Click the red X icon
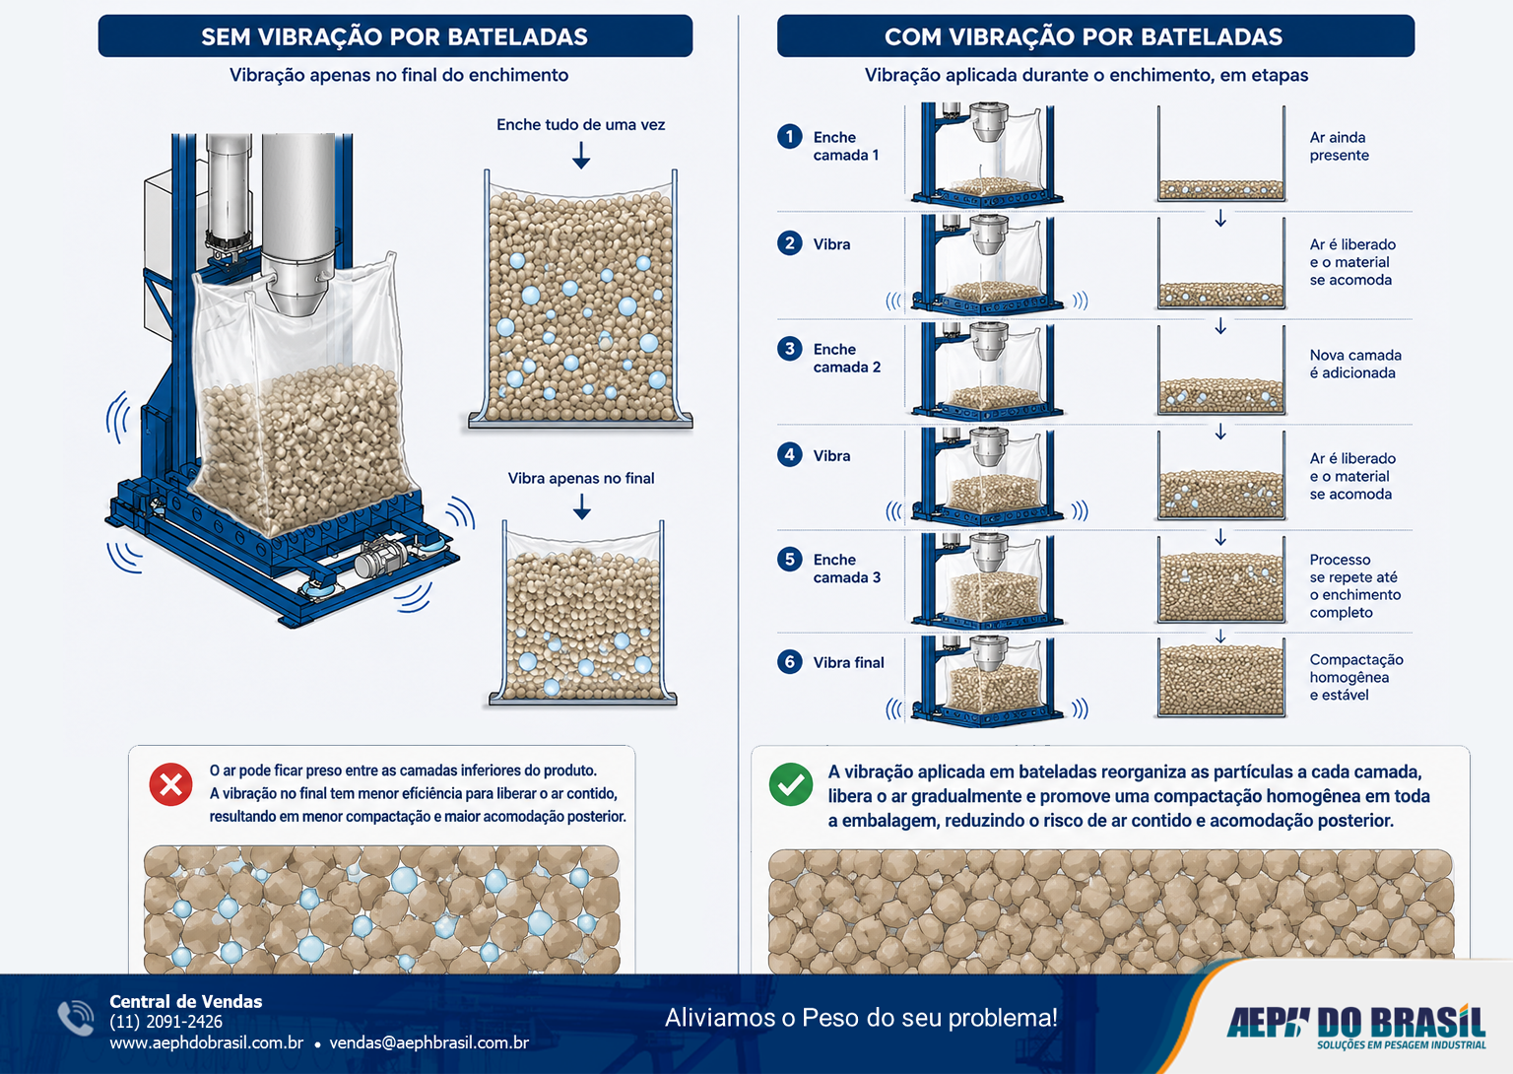tap(170, 784)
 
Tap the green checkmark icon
tap(791, 784)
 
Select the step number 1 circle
tap(790, 136)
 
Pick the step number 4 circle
tap(790, 454)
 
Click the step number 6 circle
tap(790, 661)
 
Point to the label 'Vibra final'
tap(848, 663)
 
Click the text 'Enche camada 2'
tap(847, 358)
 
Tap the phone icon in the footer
tap(76, 1018)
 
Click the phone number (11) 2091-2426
tap(166, 1022)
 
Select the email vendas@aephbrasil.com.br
tap(428, 1042)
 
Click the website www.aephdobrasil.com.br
tap(207, 1042)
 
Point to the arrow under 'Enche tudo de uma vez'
tap(581, 155)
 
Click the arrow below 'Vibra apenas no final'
tap(581, 505)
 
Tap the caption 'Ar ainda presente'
tap(1340, 146)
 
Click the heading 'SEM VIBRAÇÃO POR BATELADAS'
tap(394, 36)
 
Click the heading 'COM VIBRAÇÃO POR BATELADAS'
tap(1084, 36)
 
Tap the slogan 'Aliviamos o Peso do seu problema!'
tap(861, 1017)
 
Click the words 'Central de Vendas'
tap(186, 1001)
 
